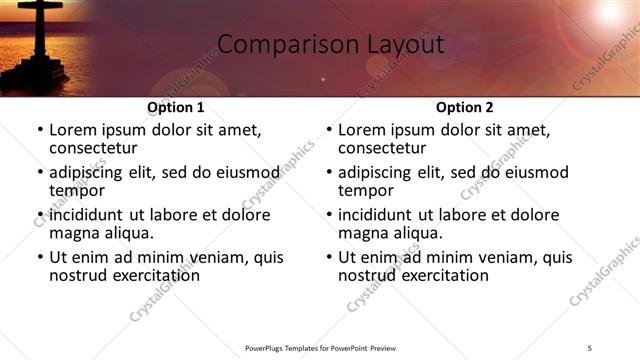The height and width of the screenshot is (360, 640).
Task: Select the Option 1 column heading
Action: (x=175, y=107)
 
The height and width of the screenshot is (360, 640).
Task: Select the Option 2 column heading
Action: (x=464, y=107)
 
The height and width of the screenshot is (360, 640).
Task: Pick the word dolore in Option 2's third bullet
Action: (x=536, y=215)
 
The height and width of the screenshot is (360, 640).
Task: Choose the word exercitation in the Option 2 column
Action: (x=443, y=275)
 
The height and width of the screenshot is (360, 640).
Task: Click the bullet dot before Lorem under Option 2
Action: (x=328, y=131)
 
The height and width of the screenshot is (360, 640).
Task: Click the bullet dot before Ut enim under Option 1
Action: (x=39, y=258)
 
